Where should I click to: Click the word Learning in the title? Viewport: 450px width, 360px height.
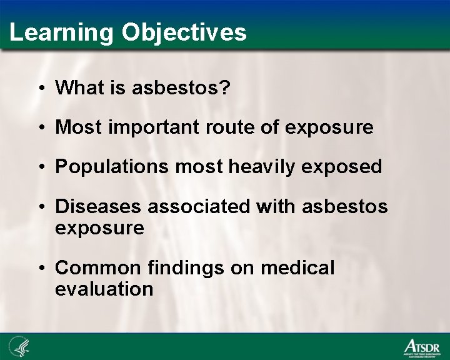[x=61, y=32]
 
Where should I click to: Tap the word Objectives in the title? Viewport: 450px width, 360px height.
[x=184, y=32]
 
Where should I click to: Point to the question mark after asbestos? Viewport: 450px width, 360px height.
[x=226, y=88]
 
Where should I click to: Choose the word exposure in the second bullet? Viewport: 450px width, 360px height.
[x=329, y=127]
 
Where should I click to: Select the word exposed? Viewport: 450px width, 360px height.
[x=347, y=167]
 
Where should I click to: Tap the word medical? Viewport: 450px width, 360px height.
[x=297, y=267]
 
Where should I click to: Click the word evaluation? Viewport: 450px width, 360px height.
[x=104, y=289]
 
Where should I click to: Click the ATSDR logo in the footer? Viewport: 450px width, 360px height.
[x=421, y=346]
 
